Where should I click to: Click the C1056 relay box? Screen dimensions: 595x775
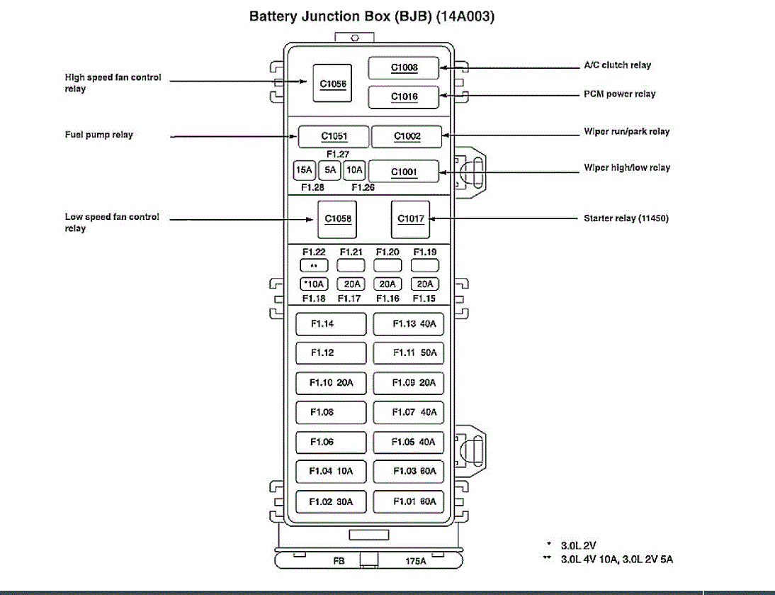(x=332, y=84)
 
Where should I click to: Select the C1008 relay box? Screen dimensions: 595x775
(x=404, y=68)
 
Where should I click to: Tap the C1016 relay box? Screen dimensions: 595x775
(x=404, y=96)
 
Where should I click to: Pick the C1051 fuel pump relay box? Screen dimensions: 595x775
(x=333, y=136)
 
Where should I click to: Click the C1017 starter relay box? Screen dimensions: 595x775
(x=410, y=218)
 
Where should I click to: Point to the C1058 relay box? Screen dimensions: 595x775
(x=338, y=218)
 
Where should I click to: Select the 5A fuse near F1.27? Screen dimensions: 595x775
(x=329, y=170)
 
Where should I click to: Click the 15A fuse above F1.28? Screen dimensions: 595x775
(x=304, y=170)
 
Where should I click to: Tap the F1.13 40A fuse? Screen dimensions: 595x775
(x=409, y=324)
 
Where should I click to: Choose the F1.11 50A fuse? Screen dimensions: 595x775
(x=409, y=353)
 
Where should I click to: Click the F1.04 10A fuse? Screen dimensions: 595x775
(x=331, y=471)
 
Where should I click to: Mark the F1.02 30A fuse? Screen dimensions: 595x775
(x=331, y=501)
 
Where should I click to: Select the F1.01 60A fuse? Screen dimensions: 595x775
(x=409, y=501)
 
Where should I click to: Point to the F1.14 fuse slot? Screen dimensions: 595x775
(x=331, y=324)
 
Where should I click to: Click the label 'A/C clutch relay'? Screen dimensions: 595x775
(x=616, y=65)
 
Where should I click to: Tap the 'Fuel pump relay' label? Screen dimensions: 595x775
(x=99, y=135)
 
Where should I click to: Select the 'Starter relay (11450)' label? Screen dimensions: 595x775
(x=626, y=218)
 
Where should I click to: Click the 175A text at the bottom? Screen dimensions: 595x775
(x=416, y=561)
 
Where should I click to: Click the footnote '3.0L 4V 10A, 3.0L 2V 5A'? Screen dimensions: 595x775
(x=616, y=560)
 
